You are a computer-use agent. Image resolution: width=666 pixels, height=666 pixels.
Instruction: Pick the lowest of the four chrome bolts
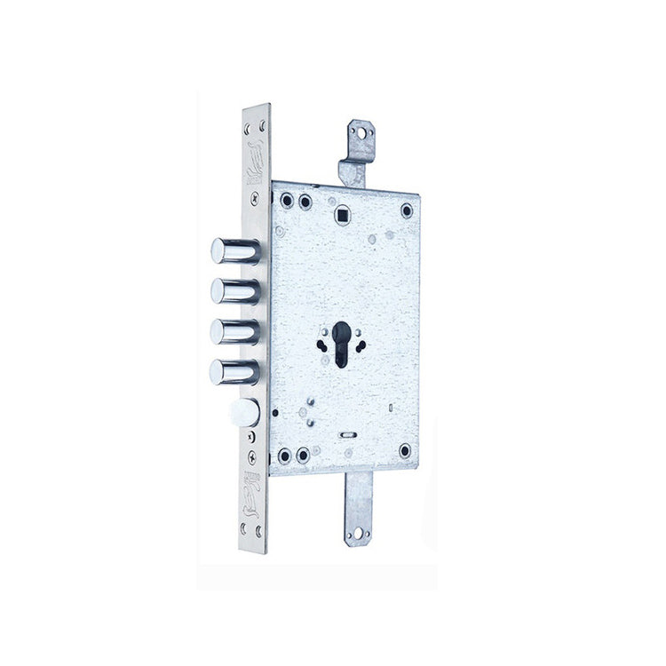coord(234,370)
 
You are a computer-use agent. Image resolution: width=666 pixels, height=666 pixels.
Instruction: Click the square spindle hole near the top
coord(342,212)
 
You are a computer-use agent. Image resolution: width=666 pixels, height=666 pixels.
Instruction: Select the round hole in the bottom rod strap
coord(361,535)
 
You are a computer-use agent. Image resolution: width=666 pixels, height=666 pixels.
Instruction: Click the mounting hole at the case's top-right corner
coord(407,210)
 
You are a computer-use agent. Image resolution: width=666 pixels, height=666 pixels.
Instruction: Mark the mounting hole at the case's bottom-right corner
coord(406,450)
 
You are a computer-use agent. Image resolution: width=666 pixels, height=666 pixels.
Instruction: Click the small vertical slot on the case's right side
coord(391,408)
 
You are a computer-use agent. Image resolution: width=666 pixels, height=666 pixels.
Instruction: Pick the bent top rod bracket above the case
coord(355,155)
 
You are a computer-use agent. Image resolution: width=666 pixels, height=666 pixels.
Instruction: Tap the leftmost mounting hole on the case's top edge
coord(284,201)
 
